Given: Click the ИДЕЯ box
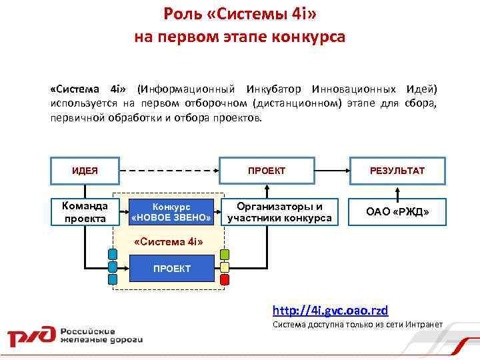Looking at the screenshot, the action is [x=85, y=171].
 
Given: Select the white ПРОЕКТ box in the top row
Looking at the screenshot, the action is [x=266, y=171].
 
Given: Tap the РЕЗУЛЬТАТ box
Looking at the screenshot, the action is [x=397, y=171].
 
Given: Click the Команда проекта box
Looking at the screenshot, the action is [x=85, y=212].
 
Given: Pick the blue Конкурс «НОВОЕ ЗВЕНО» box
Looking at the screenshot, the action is [x=171, y=212].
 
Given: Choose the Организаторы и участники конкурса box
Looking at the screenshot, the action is [x=279, y=212].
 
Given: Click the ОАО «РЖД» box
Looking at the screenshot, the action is [x=397, y=212].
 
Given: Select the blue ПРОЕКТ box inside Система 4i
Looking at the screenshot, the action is [x=171, y=269].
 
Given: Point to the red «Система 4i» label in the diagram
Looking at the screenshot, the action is [x=159, y=241].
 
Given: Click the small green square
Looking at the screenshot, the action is [x=225, y=254].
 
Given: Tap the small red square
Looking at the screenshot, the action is [x=225, y=281].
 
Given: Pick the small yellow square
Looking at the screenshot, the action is [x=225, y=268].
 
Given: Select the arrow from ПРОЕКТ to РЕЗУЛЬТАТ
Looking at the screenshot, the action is [x=334, y=171].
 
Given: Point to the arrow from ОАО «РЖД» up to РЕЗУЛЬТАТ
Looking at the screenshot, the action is [x=397, y=191].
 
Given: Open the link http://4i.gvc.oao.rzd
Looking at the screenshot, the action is [x=330, y=311].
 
